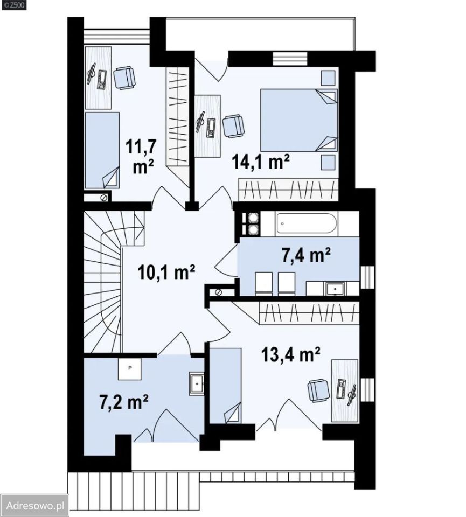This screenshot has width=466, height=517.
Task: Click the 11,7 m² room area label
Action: click(140, 157)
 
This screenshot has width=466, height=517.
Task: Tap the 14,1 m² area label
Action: click(261, 162)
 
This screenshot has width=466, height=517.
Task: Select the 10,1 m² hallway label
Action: click(166, 272)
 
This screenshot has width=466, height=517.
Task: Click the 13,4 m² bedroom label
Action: click(290, 354)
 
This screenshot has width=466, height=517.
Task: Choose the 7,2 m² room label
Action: click(124, 402)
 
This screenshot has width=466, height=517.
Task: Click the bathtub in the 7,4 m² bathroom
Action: click(307, 223)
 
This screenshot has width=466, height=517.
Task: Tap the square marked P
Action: click(130, 368)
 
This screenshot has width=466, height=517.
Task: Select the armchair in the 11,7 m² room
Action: click(124, 78)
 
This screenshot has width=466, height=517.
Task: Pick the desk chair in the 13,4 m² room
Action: click(318, 390)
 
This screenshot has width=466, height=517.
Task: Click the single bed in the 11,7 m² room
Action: click(102, 150)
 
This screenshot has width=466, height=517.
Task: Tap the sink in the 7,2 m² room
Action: click(197, 383)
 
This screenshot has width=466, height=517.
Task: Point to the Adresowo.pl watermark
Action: click(35, 506)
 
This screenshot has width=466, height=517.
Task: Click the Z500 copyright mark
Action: click(14, 5)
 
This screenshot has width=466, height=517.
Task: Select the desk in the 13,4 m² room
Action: click(344, 390)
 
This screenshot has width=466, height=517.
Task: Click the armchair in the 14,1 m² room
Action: click(233, 126)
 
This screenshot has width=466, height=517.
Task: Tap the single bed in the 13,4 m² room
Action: click(226, 385)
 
